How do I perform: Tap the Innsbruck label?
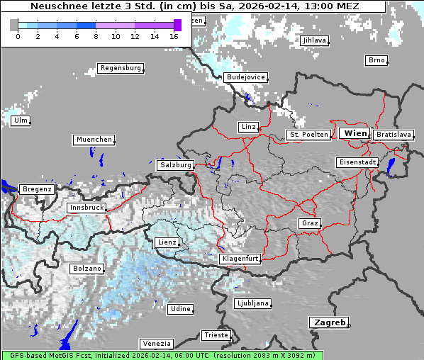pyautogui.click(x=86, y=208)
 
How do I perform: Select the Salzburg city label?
pyautogui.click(x=176, y=164)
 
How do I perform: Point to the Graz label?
pyautogui.click(x=310, y=223)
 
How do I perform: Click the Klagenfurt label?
pyautogui.click(x=240, y=259)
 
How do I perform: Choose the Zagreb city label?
pyautogui.click(x=328, y=322)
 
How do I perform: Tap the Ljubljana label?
pyautogui.click(x=252, y=303)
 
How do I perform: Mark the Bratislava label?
pyautogui.click(x=393, y=134)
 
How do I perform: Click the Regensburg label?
pyautogui.click(x=121, y=68)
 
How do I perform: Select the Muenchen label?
pyautogui.click(x=94, y=140)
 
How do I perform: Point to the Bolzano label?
pyautogui.click(x=87, y=269)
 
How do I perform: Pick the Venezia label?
pyautogui.click(x=156, y=343)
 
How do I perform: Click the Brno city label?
pyautogui.click(x=376, y=60)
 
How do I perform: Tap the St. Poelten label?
pyautogui.click(x=308, y=134)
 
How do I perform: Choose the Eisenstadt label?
pyautogui.click(x=357, y=162)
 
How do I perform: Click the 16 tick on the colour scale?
pyautogui.click(x=174, y=36)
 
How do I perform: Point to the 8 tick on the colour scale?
pyautogui.click(x=96, y=36)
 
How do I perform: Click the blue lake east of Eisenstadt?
pyautogui.click(x=391, y=167)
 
